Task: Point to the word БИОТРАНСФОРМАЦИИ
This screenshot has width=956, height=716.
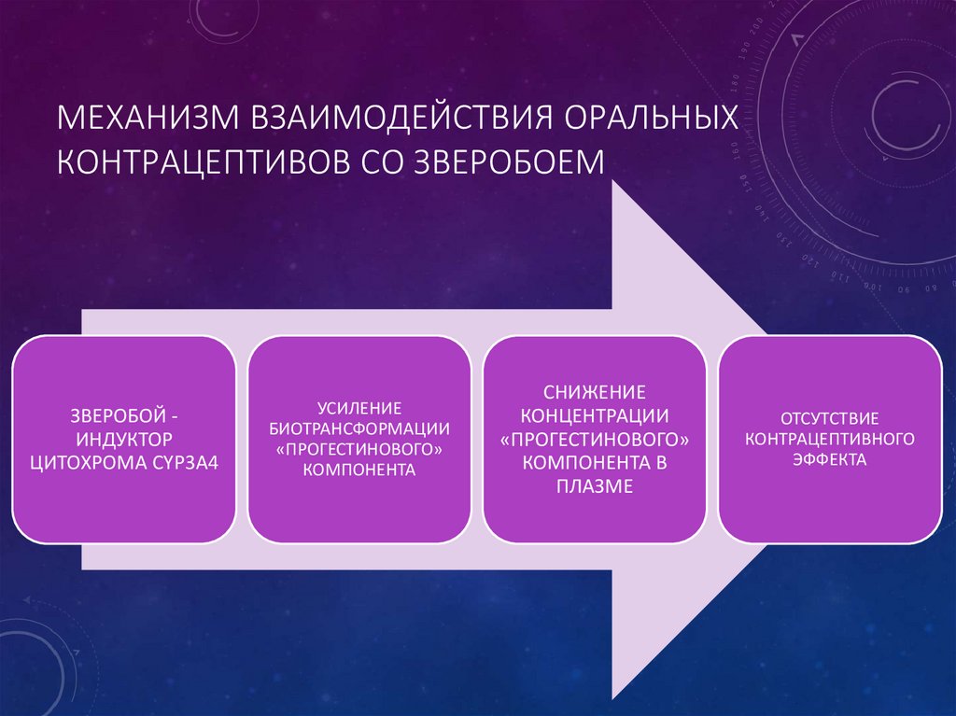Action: click(358, 428)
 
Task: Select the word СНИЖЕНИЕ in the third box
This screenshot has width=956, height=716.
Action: click(594, 391)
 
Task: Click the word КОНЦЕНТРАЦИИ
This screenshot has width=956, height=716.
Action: click(594, 414)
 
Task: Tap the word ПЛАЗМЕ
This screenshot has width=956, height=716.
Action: click(594, 485)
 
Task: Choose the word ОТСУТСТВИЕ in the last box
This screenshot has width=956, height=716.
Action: click(829, 416)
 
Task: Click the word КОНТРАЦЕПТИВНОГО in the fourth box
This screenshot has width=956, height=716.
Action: click(829, 438)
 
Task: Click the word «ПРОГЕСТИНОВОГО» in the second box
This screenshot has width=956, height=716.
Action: click(358, 450)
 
